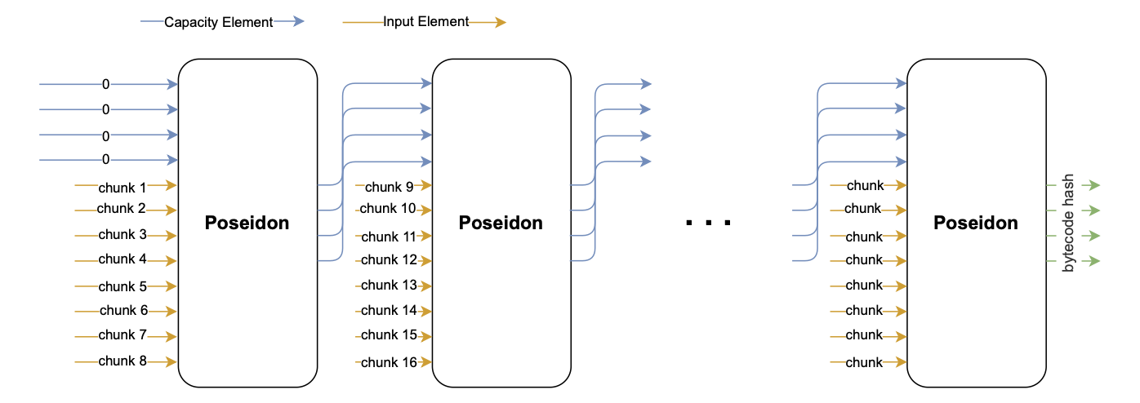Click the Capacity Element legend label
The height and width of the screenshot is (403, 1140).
click(x=218, y=23)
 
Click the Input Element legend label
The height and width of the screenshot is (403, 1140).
click(x=425, y=22)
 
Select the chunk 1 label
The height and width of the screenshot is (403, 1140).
click(x=122, y=188)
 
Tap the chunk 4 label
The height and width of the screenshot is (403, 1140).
click(x=122, y=259)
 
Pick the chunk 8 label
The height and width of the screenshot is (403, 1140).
click(x=122, y=361)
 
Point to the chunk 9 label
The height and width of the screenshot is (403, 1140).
click(x=389, y=187)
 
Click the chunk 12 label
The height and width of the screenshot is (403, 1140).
click(x=389, y=260)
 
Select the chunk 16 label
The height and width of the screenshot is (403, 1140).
click(x=389, y=362)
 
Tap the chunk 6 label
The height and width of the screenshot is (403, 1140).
click(x=123, y=310)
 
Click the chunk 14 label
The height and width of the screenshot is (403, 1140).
click(x=389, y=310)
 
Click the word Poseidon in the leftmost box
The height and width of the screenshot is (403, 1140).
click(x=247, y=223)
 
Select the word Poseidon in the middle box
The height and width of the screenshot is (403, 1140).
click(x=501, y=223)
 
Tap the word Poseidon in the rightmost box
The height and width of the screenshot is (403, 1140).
click(x=976, y=223)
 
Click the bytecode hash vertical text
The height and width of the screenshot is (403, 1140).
click(x=1068, y=223)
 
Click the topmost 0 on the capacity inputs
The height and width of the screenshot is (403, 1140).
click(x=105, y=84)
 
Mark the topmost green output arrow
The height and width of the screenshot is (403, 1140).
click(x=1086, y=186)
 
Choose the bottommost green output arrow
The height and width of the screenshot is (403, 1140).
click(x=1086, y=261)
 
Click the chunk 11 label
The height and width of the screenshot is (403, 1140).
click(x=389, y=237)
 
